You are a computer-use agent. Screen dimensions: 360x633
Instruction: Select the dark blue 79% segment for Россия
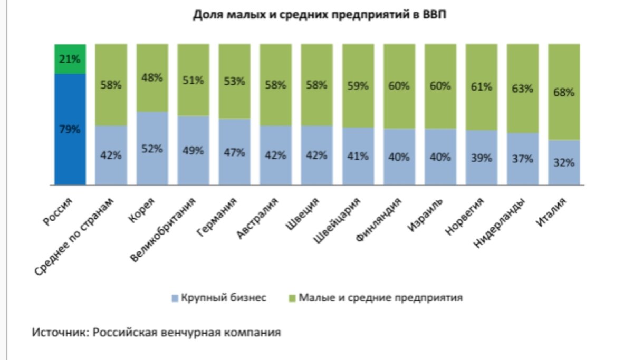70,130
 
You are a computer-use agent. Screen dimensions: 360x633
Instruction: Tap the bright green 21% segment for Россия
70,59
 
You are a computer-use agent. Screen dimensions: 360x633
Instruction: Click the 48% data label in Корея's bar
152,78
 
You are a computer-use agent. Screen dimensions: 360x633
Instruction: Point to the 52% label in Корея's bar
152,149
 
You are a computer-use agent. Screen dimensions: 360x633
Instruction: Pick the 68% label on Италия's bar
564,92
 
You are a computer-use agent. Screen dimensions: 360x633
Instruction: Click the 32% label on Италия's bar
564,162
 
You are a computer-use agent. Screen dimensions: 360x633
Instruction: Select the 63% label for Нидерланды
522,89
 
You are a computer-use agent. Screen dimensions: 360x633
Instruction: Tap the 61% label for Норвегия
481,87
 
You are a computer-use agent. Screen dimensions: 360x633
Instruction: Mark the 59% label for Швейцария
358,85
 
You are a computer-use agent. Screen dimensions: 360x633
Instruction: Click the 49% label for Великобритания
193,151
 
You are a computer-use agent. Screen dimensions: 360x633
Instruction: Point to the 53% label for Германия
234,82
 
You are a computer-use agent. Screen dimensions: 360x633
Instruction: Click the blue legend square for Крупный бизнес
175,298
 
